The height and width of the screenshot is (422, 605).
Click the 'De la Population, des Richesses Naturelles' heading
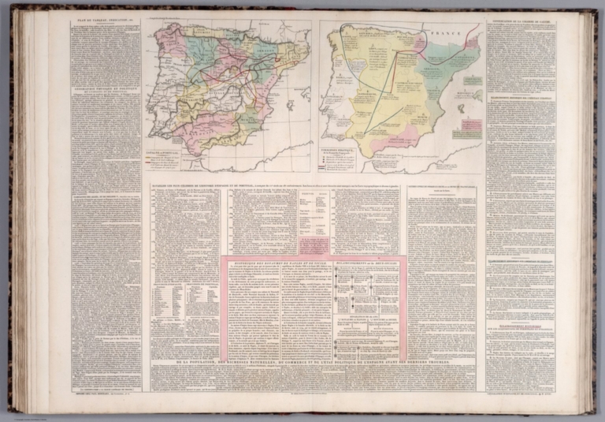pos(315,362)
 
